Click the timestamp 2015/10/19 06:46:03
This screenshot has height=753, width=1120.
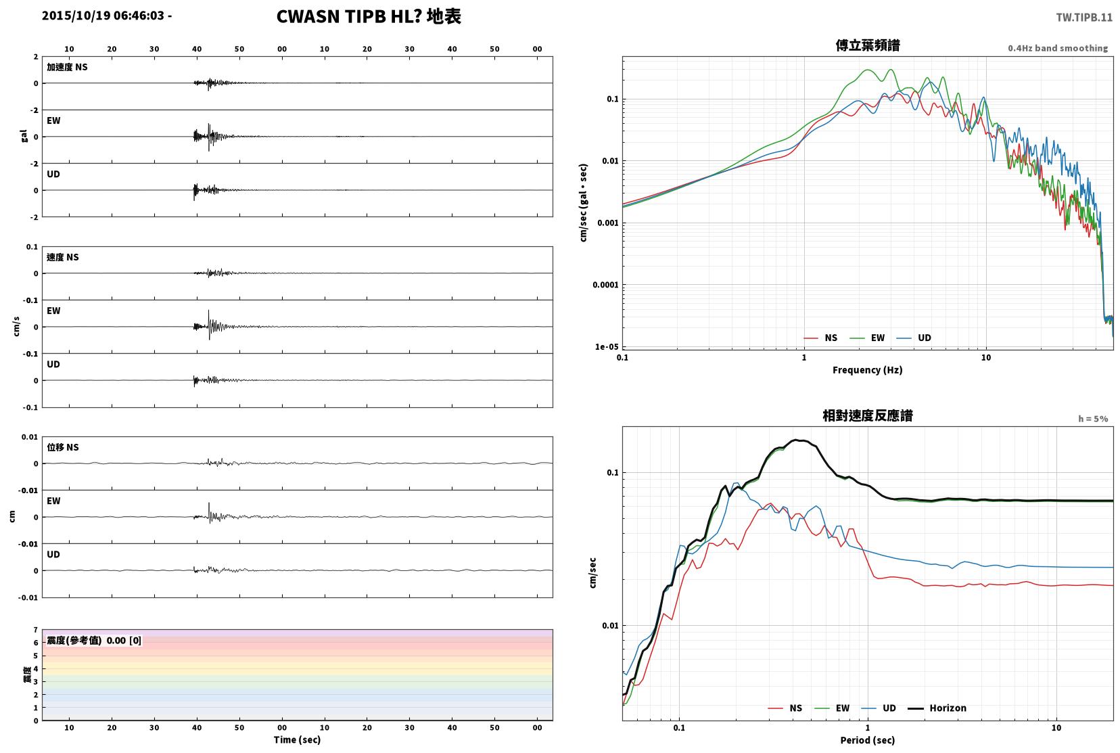[103, 16]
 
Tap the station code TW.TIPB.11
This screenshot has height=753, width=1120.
[1084, 18]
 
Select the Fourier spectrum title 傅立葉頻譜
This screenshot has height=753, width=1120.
[868, 45]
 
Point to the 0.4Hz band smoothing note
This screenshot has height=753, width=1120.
[1058, 49]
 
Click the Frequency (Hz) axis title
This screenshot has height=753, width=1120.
[868, 370]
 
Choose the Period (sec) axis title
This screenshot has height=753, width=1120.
[868, 740]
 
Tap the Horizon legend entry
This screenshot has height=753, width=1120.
[937, 708]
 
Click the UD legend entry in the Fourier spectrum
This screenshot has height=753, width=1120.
[914, 338]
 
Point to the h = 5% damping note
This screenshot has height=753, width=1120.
[1093, 419]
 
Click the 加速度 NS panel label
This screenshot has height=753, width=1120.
[67, 67]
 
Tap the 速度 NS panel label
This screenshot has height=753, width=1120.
[62, 257]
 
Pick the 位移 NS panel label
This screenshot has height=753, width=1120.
[62, 447]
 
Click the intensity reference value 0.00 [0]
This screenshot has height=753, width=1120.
[124, 641]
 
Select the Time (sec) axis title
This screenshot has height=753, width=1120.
[297, 739]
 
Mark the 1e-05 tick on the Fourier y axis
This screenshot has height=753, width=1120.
[607, 346]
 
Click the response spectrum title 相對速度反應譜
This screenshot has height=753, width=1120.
[868, 415]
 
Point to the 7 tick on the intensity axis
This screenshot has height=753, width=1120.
[36, 630]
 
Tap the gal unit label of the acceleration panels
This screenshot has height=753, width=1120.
[24, 136]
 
